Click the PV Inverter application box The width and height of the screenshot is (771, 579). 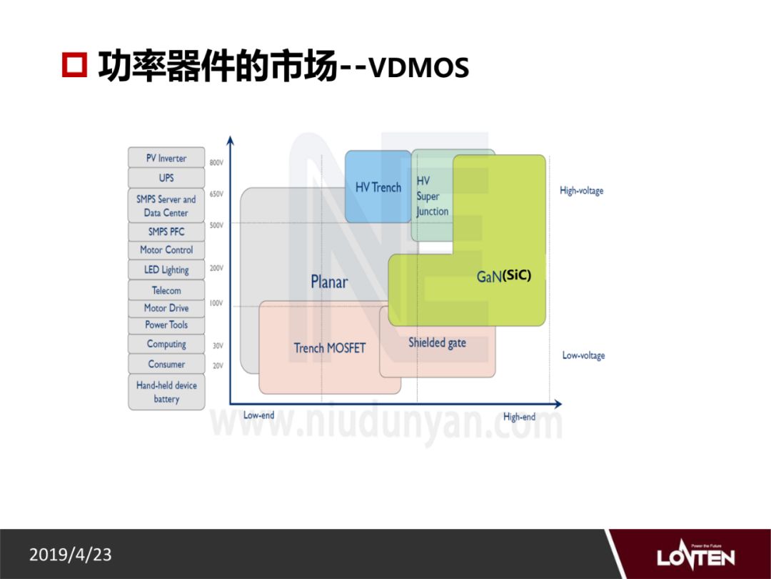point(166,158)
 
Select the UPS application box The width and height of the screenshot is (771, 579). point(166,178)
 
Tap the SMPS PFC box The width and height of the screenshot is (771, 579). point(166,232)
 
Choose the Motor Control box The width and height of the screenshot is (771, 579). point(166,250)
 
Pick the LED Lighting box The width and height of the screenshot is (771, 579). point(166,269)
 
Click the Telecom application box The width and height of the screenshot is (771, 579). point(166,290)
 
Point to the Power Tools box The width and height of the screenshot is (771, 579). point(166,325)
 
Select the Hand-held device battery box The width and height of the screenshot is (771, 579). point(166,392)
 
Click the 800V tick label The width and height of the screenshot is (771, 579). point(216,163)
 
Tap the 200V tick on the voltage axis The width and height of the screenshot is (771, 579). point(216,268)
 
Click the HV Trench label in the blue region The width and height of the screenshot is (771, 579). point(378,187)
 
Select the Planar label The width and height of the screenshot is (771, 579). point(329,282)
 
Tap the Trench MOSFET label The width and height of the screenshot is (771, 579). point(329,348)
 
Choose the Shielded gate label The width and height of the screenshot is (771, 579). point(437,342)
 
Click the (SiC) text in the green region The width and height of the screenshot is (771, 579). point(517,275)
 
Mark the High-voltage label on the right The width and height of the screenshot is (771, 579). point(581,191)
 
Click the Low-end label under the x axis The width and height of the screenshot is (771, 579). point(258,415)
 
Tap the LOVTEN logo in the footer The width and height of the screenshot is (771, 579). point(695,555)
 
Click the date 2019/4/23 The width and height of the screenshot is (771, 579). point(71,555)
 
